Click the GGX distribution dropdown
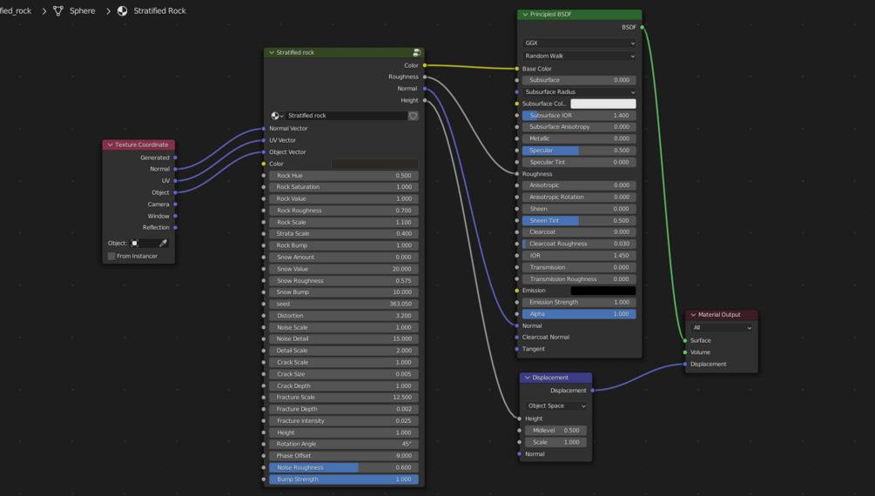579,44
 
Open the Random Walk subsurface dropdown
579,56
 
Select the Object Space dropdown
556,406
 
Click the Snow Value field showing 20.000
343,269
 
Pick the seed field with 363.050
343,304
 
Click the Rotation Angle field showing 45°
343,444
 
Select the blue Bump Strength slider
343,479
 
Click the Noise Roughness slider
343,467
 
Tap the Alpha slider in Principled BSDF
579,314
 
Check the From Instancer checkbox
111,256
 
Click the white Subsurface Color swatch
602,104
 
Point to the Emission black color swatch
602,291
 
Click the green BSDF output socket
643,27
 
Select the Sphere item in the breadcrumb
82,11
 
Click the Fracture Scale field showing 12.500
343,398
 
